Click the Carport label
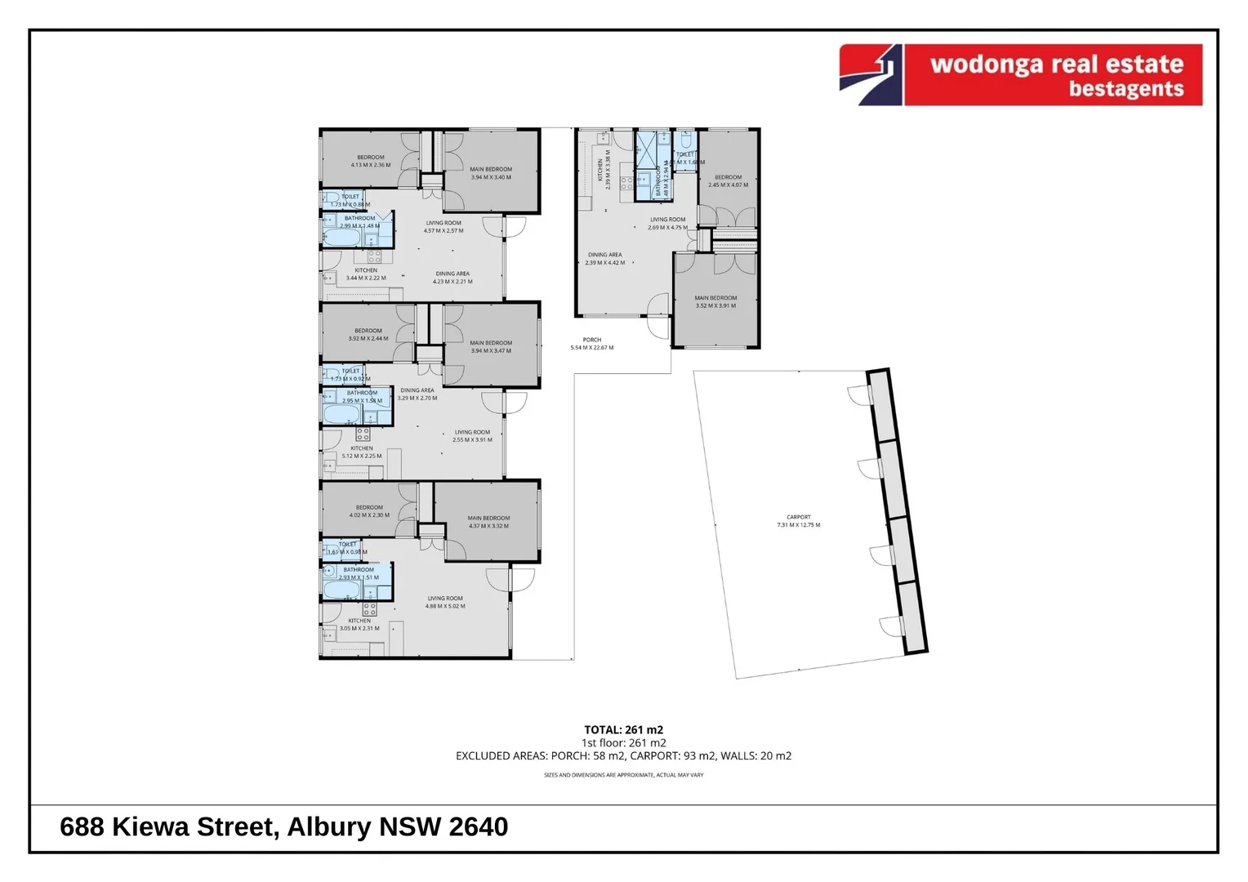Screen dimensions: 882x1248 [x=798, y=521]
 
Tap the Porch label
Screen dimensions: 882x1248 [x=591, y=344]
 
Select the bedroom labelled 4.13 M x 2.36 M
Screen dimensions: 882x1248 [x=370, y=161]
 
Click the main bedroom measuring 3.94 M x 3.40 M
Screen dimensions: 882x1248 [x=491, y=173]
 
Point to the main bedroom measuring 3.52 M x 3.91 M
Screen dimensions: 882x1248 [x=715, y=302]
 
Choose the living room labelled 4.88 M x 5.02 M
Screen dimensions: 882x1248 [x=444, y=602]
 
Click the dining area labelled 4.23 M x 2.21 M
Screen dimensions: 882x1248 [x=452, y=278]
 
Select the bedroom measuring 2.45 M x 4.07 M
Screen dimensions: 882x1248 [x=728, y=180]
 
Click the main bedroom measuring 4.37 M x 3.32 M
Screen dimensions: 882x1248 [x=488, y=522]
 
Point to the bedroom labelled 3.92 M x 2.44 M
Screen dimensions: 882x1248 [x=368, y=335]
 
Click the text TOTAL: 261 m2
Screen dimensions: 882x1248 [x=623, y=730]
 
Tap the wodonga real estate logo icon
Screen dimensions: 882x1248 [x=871, y=75]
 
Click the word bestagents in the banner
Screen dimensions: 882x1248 [x=1125, y=89]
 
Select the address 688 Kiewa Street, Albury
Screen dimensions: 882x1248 [x=283, y=827]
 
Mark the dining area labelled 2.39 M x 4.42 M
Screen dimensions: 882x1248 [x=604, y=259]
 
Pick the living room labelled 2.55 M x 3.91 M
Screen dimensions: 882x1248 [x=472, y=436]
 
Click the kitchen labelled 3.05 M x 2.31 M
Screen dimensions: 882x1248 [x=359, y=625]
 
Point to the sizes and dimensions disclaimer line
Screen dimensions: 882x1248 [x=623, y=775]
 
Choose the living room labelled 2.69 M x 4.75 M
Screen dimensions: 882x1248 [x=667, y=223]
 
